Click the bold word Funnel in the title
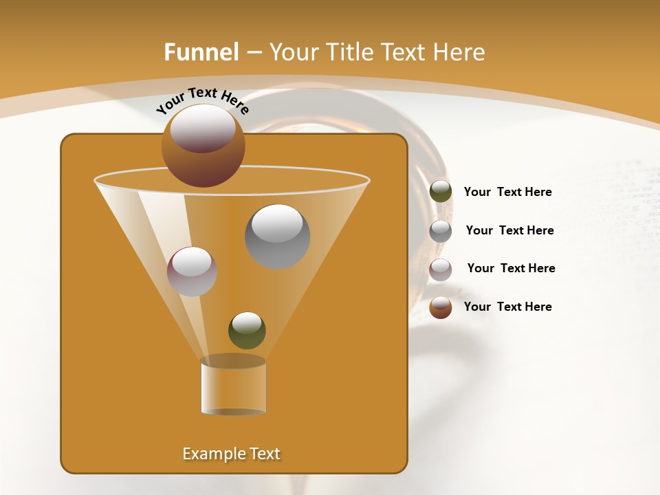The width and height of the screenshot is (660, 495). click(x=201, y=52)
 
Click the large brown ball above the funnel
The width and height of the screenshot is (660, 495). click(x=203, y=146)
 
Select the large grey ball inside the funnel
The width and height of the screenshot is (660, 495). click(x=277, y=236)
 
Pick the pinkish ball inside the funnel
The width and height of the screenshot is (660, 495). click(x=192, y=272)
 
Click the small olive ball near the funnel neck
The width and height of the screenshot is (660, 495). click(x=247, y=331)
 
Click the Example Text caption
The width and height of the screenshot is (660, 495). click(x=231, y=454)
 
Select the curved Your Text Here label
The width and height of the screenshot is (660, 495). click(x=203, y=100)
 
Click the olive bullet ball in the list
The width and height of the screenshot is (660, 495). click(x=441, y=192)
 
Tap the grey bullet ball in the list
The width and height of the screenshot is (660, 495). click(x=441, y=231)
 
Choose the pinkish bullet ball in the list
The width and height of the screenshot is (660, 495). click(x=441, y=269)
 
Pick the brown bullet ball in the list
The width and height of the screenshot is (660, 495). click(x=441, y=307)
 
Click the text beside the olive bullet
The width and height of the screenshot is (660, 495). click(x=507, y=192)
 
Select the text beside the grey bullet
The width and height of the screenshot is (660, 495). click(x=509, y=231)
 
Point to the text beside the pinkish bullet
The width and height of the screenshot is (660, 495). click(x=511, y=269)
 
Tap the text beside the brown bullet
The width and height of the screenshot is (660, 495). click(x=507, y=307)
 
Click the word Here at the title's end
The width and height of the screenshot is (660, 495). click(x=461, y=52)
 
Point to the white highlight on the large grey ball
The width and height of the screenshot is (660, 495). click(x=277, y=224)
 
